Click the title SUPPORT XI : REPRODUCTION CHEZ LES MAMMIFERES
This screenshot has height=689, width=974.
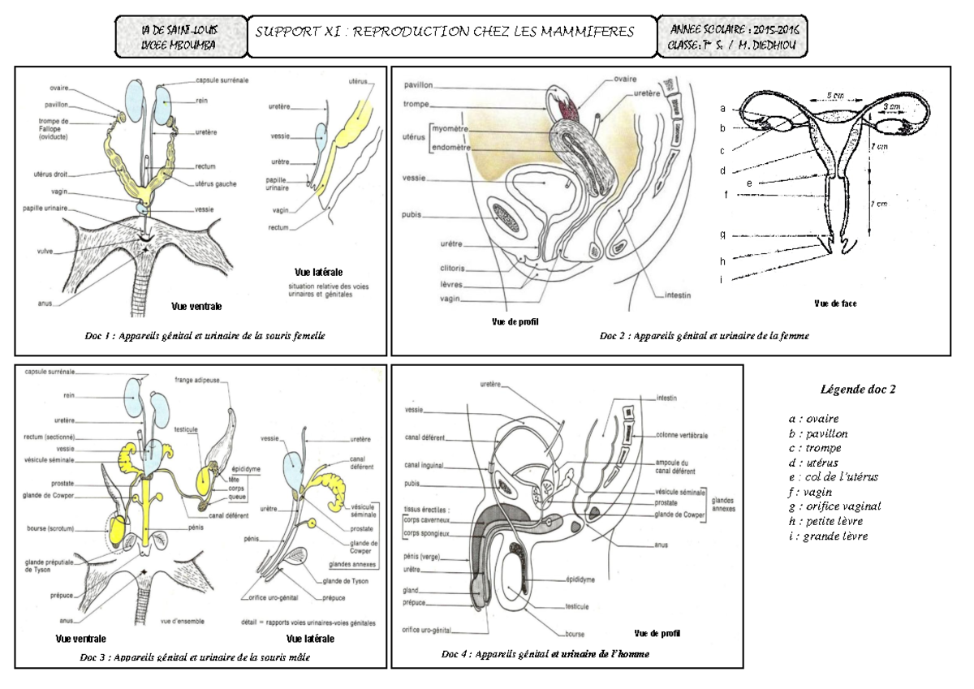pos(444,32)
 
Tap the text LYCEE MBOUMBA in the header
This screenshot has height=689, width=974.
pos(179,45)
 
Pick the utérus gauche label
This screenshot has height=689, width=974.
pos(216,184)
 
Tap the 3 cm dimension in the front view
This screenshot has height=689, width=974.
pos(889,107)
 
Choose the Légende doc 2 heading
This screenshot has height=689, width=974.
pos(858,389)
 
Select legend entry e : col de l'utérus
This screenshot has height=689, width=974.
pos(832,476)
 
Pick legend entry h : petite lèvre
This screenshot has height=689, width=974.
pos(826,521)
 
